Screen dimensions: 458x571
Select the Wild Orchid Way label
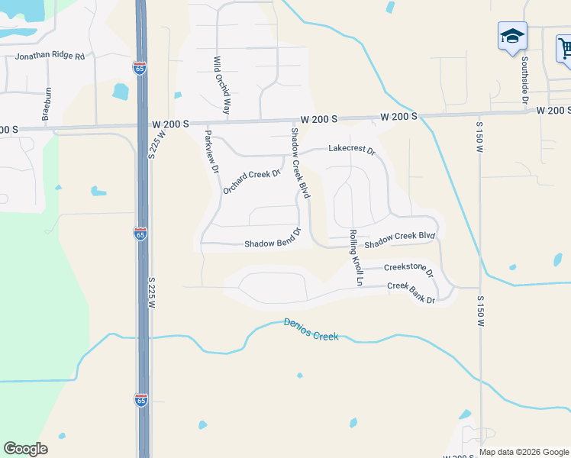click(221, 85)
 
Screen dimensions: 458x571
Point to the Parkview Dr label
click(211, 150)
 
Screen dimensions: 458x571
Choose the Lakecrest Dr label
click(352, 150)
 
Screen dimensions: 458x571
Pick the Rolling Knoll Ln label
click(355, 257)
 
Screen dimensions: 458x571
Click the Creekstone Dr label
click(408, 269)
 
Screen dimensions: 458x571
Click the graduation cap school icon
click(512, 36)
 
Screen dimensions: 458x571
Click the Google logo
click(25, 449)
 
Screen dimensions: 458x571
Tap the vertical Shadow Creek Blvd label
click(298, 163)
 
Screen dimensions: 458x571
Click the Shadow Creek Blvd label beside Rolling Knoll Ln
click(399, 240)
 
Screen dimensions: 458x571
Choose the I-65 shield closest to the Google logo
click(141, 400)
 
